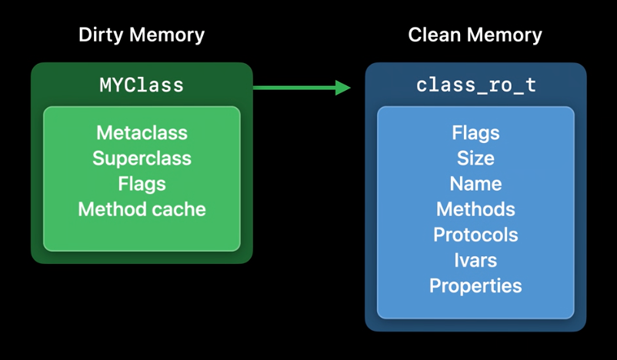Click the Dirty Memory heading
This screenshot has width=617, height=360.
click(142, 35)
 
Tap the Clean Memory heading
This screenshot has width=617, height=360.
click(475, 35)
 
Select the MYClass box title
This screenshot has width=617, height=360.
click(142, 85)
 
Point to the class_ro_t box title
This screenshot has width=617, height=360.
click(476, 85)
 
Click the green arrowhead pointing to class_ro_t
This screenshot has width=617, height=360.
click(342, 88)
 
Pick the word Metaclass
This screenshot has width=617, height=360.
click(142, 132)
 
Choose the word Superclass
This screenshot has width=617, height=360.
click(142, 158)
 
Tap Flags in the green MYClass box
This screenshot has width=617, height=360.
click(142, 184)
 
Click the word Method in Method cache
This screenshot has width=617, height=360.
click(112, 209)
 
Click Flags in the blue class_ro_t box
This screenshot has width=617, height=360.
click(475, 133)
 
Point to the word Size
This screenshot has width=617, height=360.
click(475, 158)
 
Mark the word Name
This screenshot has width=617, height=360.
click(475, 184)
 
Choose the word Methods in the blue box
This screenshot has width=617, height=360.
click(475, 209)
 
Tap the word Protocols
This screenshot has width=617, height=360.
click(475, 235)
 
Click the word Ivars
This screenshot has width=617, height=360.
click(475, 261)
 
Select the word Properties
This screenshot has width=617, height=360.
click(475, 286)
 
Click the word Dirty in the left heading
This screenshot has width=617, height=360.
click(102, 35)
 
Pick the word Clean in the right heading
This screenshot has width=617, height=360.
click(435, 35)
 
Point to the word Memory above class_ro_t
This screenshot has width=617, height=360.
click(505, 35)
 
